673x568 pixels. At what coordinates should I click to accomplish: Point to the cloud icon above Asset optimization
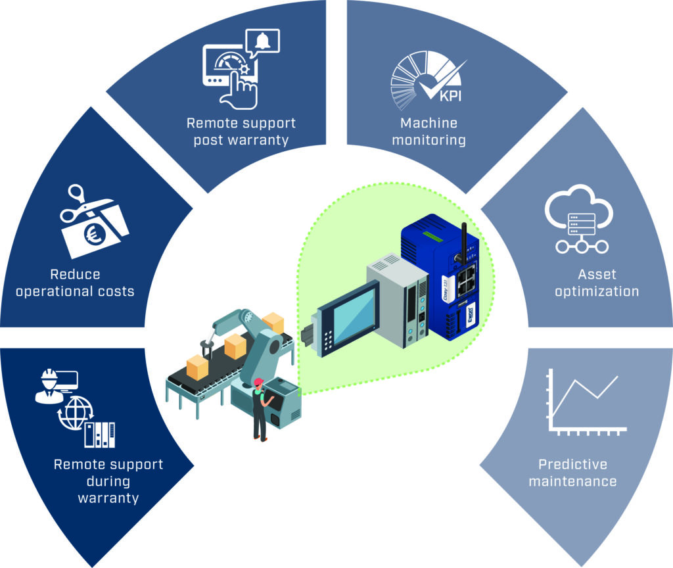click(578, 210)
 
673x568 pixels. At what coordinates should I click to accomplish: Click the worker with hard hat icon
click(47, 387)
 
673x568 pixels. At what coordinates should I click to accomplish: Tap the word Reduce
click(75, 274)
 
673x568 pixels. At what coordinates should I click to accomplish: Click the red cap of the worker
click(258, 382)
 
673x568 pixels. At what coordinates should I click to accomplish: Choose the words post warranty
click(241, 140)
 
